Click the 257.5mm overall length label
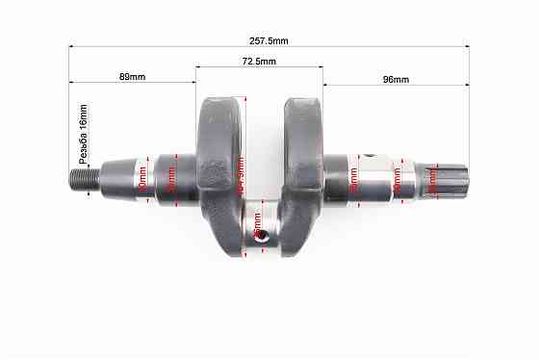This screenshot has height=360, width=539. click(x=268, y=40)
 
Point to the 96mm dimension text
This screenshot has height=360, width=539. click(x=396, y=79)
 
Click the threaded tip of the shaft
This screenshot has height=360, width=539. click(x=81, y=178)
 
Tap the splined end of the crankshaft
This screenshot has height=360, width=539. click(x=449, y=181)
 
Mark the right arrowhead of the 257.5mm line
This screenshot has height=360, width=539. click(x=467, y=45)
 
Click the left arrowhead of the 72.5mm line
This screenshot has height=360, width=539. click(x=198, y=66)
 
